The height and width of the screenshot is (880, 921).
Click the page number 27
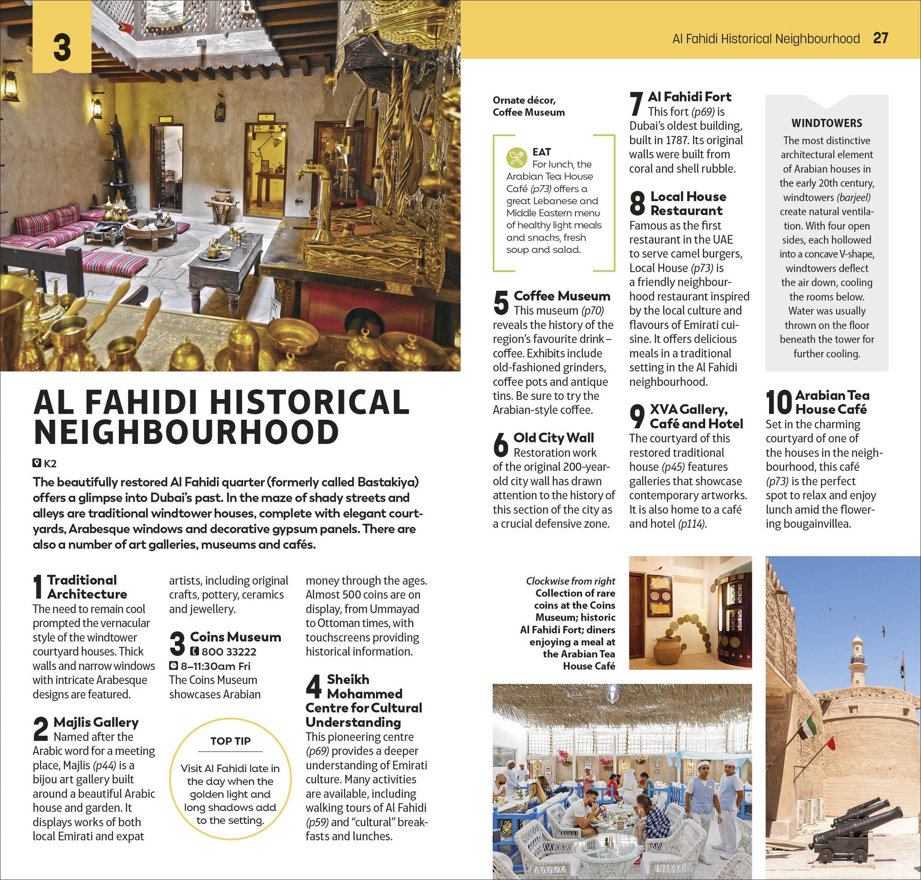[880, 38]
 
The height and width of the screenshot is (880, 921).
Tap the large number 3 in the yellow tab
[62, 47]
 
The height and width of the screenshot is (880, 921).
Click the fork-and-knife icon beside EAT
[517, 158]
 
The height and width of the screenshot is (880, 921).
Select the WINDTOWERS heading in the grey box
[827, 123]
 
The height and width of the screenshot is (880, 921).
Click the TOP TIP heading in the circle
[230, 741]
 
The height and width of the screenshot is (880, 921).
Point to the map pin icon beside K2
[37, 463]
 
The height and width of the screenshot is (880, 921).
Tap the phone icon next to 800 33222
[195, 651]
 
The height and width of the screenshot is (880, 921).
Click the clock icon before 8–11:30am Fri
[173, 666]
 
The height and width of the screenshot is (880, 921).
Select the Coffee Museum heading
[562, 296]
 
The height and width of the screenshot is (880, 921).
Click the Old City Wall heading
[554, 438]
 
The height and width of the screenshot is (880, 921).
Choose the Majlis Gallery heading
[96, 722]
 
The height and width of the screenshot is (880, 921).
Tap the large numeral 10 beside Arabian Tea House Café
[779, 402]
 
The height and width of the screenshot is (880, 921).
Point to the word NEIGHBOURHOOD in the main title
[186, 433]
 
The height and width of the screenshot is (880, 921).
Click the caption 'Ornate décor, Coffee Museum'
[529, 106]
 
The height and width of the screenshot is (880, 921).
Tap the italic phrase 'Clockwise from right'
[570, 581]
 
